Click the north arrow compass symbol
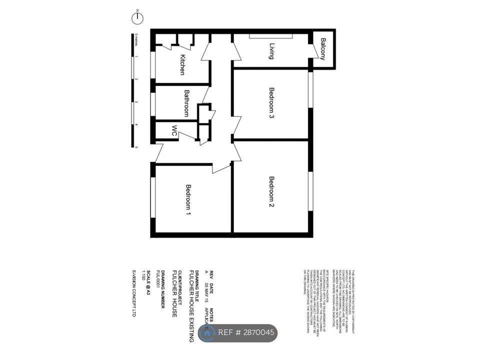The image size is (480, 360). [x=137, y=18]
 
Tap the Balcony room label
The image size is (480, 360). [x=323, y=49]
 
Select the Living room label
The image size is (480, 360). [x=272, y=51]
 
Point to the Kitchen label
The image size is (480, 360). [x=182, y=64]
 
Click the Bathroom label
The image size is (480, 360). [x=186, y=103]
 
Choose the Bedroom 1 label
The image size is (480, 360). [x=188, y=200]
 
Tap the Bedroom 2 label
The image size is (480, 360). [x=272, y=192]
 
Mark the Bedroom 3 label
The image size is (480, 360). [x=272, y=103]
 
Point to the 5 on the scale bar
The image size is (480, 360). [x=136, y=147]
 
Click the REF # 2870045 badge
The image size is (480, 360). [x=237, y=333]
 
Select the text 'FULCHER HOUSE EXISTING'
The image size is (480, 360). [x=191, y=305]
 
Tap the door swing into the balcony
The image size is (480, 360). [x=313, y=50]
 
